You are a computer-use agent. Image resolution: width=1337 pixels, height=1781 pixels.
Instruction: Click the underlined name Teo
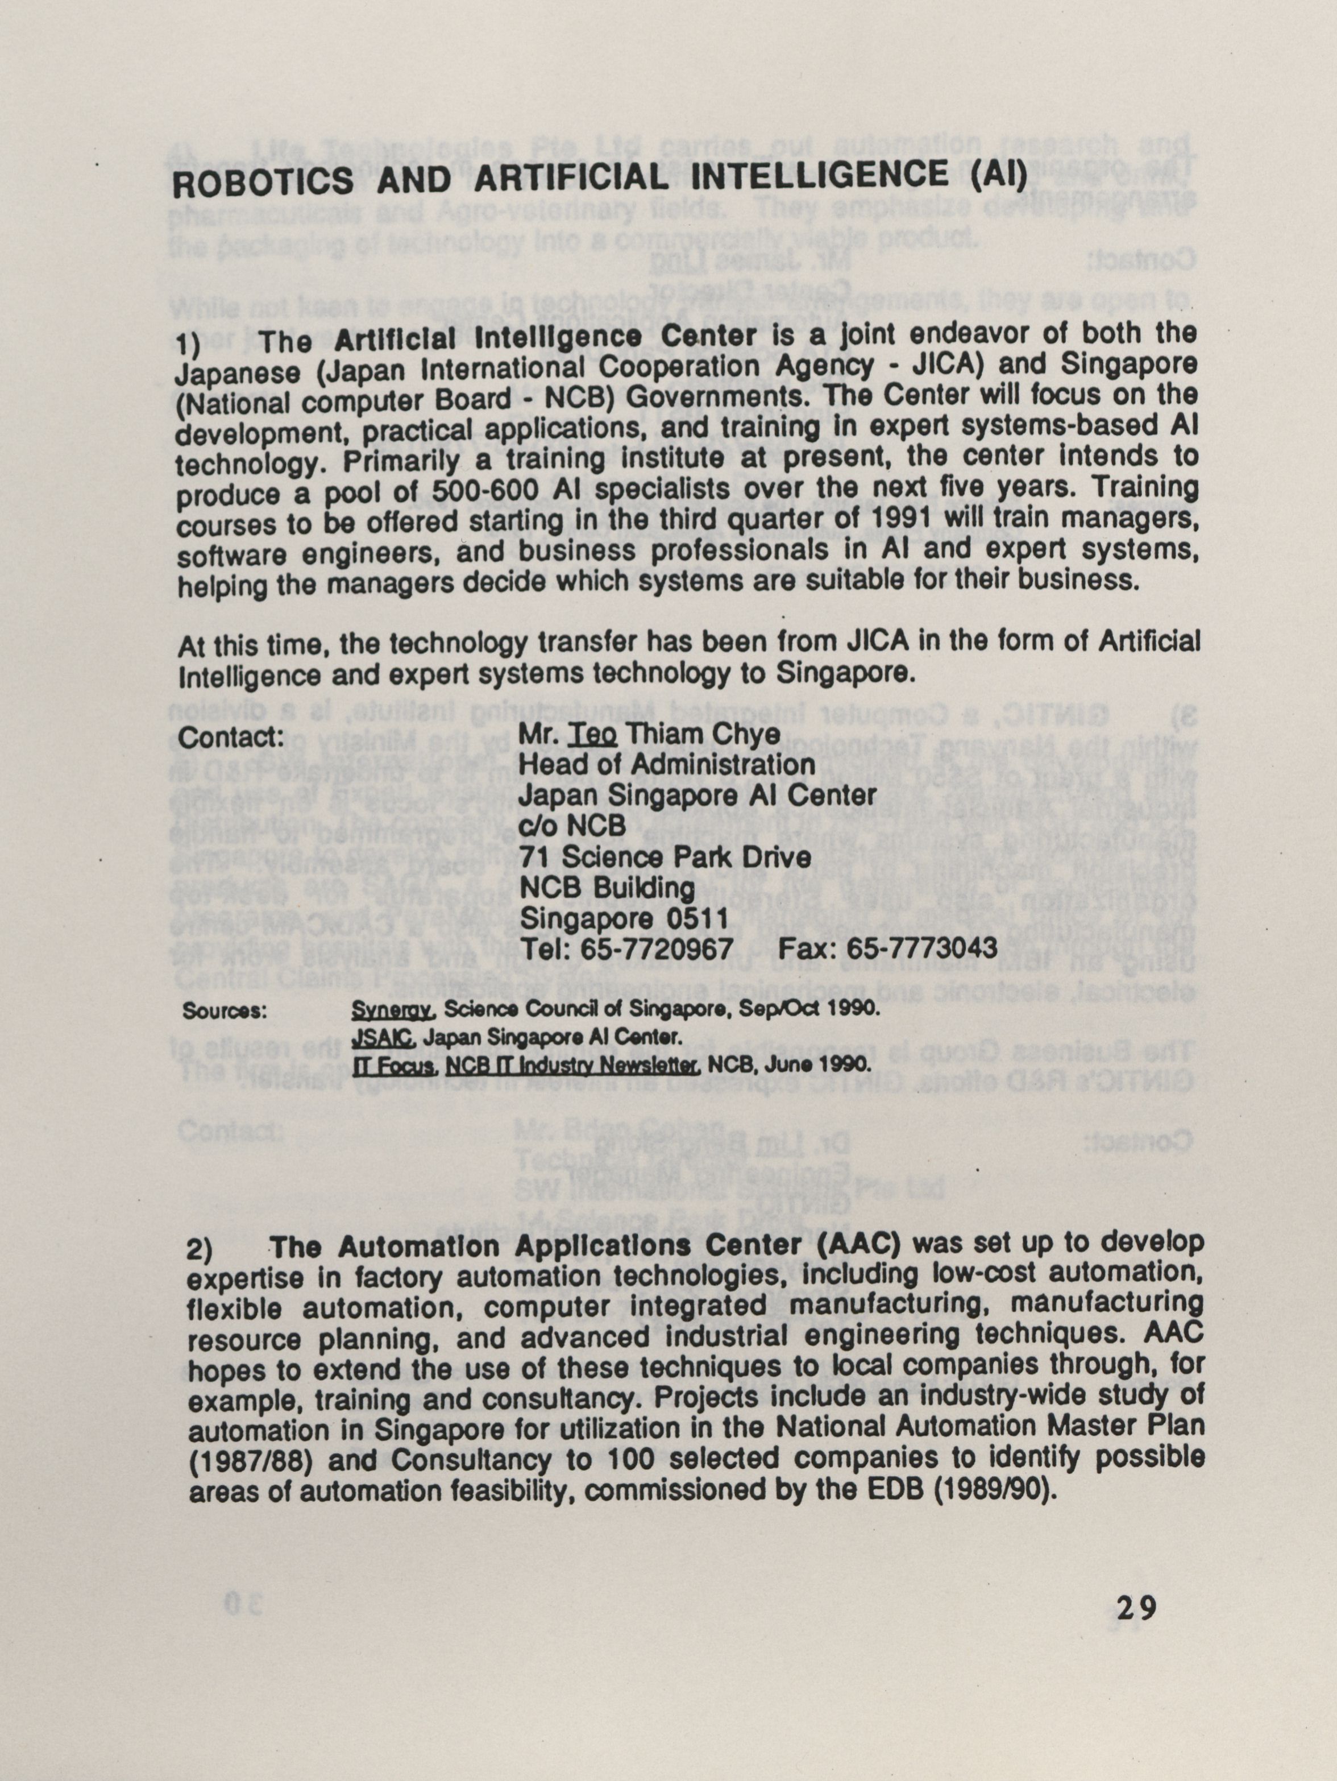pos(592,734)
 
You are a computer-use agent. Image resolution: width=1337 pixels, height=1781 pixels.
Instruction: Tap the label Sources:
pos(225,1011)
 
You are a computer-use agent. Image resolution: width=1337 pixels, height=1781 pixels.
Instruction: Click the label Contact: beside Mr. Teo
pos(229,738)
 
